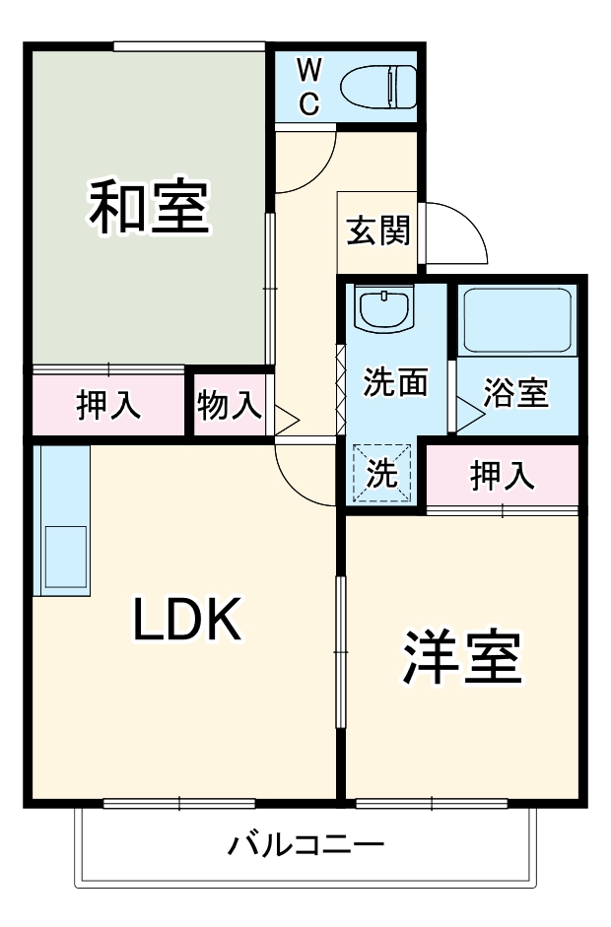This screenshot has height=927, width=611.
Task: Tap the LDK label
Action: point(187,621)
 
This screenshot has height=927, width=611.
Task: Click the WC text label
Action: point(308,87)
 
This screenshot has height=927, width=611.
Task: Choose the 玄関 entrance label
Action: point(376,232)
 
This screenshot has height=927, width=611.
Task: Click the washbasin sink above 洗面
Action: point(381,310)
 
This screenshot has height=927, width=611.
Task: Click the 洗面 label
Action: point(394,382)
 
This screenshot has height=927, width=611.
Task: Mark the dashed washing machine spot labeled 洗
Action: point(382,474)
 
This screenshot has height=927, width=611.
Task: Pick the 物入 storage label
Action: point(230,404)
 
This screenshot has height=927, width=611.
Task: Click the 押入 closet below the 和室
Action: point(108,404)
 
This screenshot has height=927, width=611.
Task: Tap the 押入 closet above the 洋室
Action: point(502,476)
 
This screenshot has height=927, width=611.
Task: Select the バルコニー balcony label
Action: point(305,845)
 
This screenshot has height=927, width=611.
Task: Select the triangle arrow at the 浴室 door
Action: point(468,414)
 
